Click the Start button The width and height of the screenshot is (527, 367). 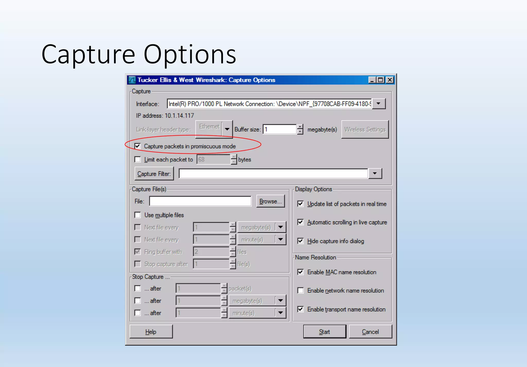(324, 331)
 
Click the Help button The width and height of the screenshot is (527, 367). (151, 331)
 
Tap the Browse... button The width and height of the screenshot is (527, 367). (270, 201)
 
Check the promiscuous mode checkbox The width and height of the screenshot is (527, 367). (138, 146)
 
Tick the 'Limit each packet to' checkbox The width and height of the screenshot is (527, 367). (138, 160)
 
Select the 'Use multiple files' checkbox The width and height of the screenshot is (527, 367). (138, 215)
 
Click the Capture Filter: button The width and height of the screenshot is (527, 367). (154, 174)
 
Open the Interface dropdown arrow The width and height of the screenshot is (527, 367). (378, 104)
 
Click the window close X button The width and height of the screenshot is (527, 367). (390, 80)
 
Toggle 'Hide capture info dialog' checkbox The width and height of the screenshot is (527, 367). (300, 241)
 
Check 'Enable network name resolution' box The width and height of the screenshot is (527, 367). (300, 291)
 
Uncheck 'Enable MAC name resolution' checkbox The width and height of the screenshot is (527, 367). (300, 272)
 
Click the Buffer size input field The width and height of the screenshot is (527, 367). (279, 129)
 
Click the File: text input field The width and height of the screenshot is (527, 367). (200, 201)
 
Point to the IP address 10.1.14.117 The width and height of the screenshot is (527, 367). (179, 116)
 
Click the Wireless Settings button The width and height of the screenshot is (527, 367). (365, 129)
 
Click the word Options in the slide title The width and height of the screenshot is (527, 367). (190, 55)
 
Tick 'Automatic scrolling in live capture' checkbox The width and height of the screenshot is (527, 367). (300, 222)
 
